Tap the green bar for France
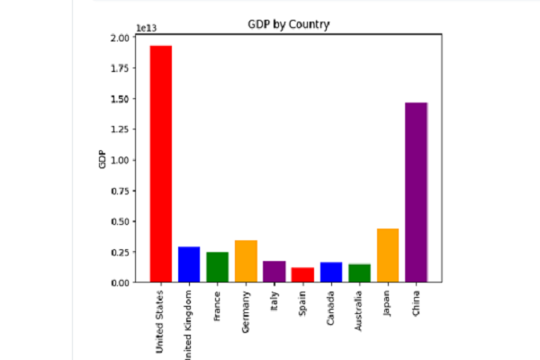tap(217, 266)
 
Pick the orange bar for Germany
tap(246, 261)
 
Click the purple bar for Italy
tap(274, 271)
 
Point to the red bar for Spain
tap(302, 274)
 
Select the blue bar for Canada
tap(331, 272)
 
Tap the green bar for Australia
tap(359, 273)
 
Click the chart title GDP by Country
tap(289, 24)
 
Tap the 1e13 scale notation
tap(146, 27)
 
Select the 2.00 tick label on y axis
tap(119, 38)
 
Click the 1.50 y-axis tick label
tap(119, 99)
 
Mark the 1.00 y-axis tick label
tap(119, 160)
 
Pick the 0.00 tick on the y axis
tap(119, 283)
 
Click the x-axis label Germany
tap(247, 311)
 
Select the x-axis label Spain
tap(303, 304)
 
